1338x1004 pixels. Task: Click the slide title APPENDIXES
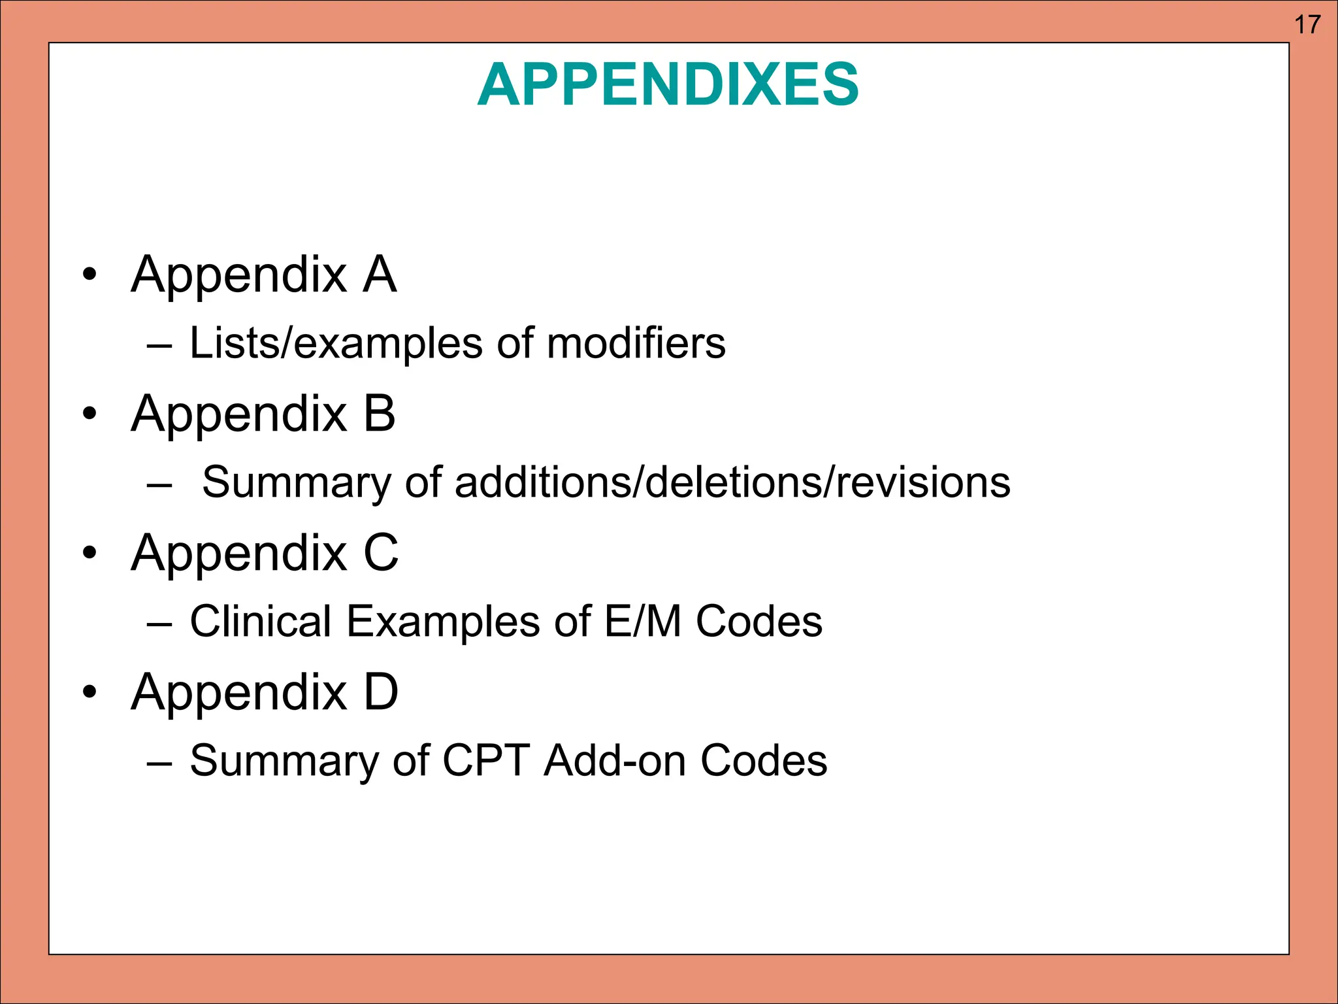(x=668, y=85)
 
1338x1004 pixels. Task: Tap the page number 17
(x=1307, y=25)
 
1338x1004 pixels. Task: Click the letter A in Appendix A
(x=380, y=275)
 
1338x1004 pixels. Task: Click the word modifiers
(x=636, y=343)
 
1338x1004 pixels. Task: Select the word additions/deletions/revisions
(x=732, y=482)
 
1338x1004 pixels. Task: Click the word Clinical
(x=260, y=621)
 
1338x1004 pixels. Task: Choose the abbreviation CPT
(x=485, y=760)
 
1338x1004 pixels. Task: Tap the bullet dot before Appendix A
(x=90, y=275)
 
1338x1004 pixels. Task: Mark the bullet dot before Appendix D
(x=90, y=692)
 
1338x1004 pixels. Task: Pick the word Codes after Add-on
(x=763, y=760)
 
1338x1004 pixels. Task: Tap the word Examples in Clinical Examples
(x=443, y=621)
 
